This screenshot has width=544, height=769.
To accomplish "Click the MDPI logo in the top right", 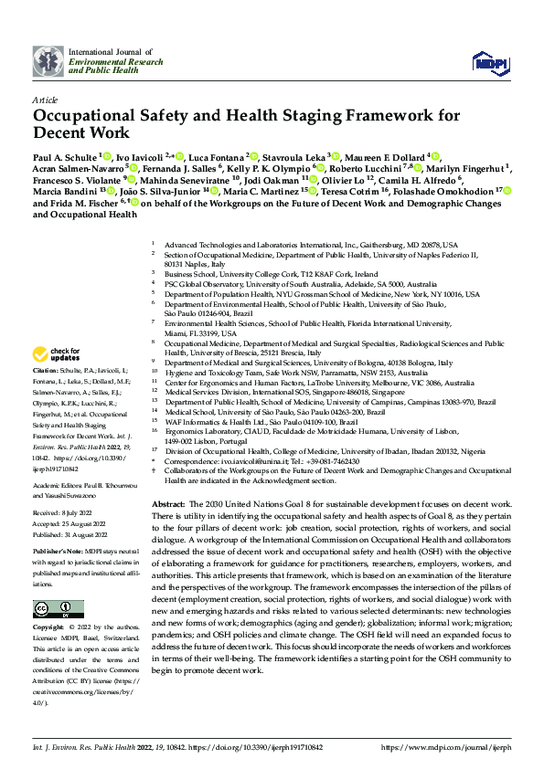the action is pos(485,61).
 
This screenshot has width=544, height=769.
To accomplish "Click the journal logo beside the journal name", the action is pos(48,60).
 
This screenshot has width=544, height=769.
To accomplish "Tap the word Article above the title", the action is pos(46,99).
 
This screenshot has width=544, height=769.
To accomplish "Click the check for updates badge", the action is pos(56,354).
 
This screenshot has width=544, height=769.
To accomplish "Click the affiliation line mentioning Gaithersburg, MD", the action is pos(311,246).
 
